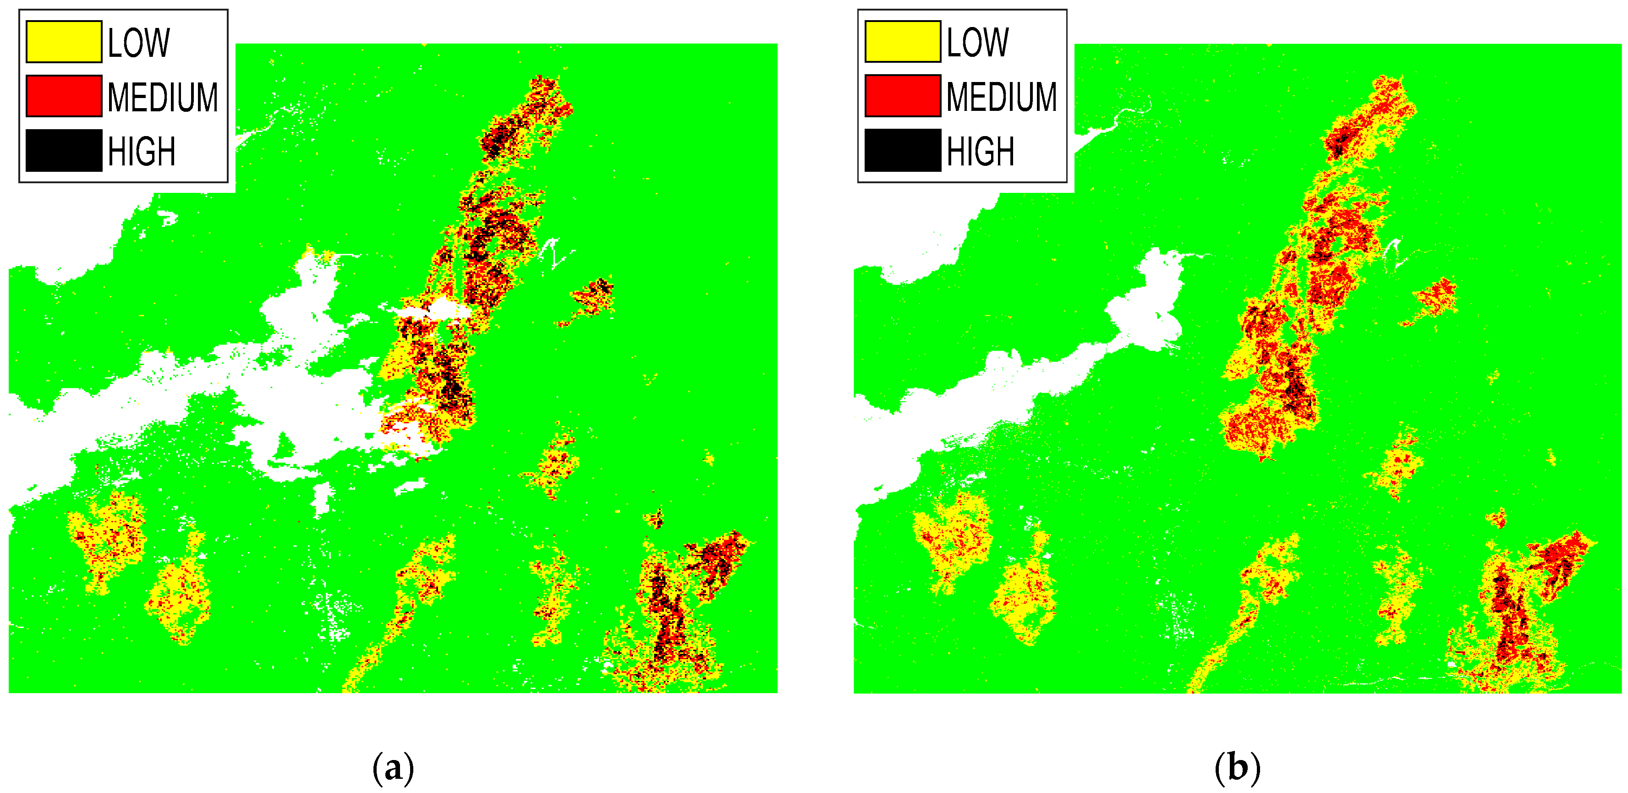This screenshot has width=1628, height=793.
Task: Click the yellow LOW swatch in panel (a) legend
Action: pyautogui.click(x=63, y=42)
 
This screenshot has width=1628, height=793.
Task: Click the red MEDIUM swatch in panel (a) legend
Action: pyautogui.click(x=63, y=96)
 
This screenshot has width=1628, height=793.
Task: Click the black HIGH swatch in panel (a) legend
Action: pyautogui.click(x=63, y=150)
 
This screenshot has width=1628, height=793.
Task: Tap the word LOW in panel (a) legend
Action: pyautogui.click(x=138, y=43)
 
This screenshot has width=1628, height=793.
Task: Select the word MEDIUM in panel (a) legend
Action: pyautogui.click(x=162, y=97)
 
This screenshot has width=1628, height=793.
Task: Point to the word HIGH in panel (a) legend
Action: pyautogui.click(x=141, y=152)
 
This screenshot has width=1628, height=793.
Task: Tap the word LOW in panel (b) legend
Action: pyautogui.click(x=977, y=43)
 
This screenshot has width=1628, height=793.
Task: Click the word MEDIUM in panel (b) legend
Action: pyautogui.click(x=1001, y=97)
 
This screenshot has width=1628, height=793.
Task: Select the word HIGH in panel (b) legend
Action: pyautogui.click(x=980, y=152)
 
